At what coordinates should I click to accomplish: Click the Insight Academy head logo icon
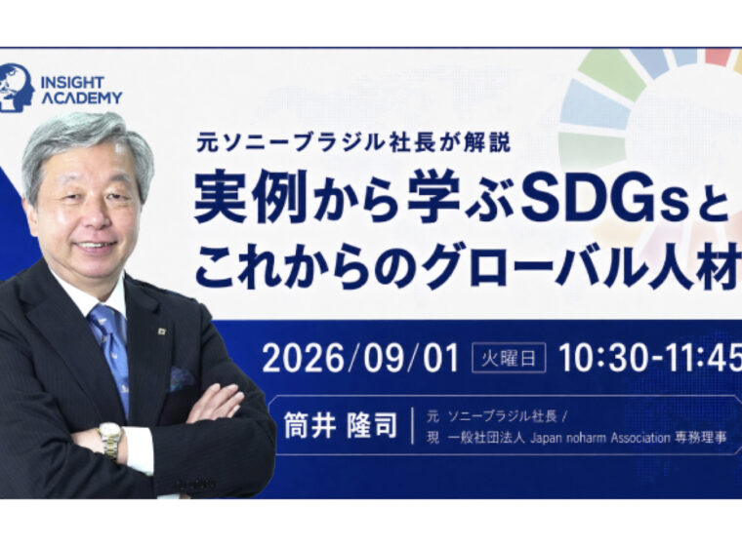click(17, 88)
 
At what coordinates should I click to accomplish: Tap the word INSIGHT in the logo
click(72, 82)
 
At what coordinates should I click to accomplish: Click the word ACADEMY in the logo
click(81, 97)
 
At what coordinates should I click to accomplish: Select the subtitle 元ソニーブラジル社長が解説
click(354, 141)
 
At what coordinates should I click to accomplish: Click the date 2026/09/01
click(360, 358)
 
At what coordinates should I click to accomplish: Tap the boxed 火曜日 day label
click(509, 358)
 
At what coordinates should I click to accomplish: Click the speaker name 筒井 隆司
click(340, 425)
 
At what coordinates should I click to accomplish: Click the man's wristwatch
click(110, 440)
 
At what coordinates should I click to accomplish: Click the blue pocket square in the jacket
click(182, 377)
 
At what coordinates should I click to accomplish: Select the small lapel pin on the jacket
click(162, 331)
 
